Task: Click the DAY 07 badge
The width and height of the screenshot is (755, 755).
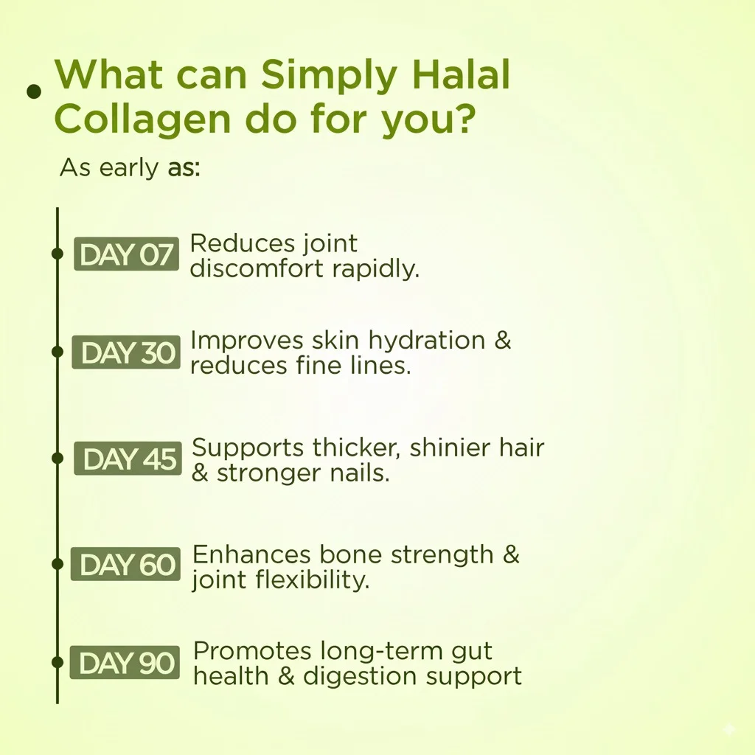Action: (x=126, y=254)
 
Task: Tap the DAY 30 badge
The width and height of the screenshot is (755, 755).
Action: (x=126, y=352)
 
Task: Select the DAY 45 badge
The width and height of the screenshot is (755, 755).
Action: (x=128, y=459)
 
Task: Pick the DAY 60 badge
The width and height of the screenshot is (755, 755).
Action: (x=125, y=564)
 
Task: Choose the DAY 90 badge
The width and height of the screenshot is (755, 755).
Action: (x=125, y=663)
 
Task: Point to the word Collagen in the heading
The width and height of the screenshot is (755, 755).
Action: (x=142, y=120)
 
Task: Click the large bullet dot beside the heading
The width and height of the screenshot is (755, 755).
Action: (x=34, y=91)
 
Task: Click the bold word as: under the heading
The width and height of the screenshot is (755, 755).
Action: (x=184, y=170)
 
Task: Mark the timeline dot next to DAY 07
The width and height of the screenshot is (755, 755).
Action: (x=57, y=254)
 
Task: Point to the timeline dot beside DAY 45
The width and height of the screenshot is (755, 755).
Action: (x=57, y=457)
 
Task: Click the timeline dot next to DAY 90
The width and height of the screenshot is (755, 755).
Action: (x=57, y=662)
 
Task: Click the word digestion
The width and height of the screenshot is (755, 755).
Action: (x=361, y=678)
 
